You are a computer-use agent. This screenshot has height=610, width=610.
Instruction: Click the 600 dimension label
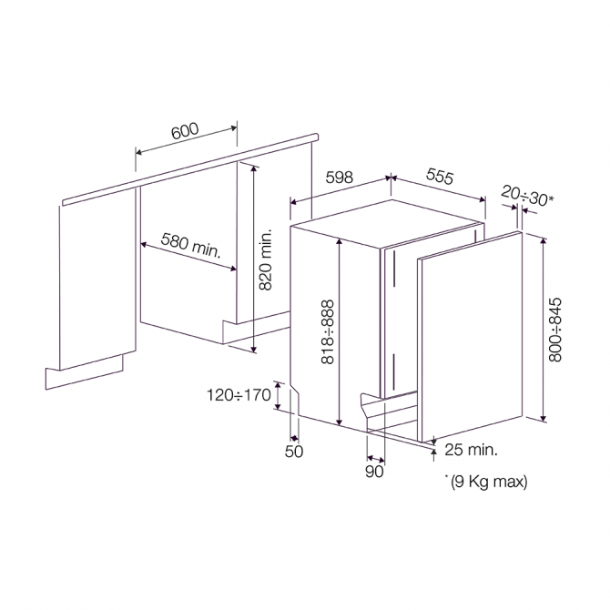[185, 131]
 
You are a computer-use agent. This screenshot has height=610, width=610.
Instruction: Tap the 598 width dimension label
[340, 178]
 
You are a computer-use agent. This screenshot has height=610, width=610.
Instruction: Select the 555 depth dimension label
[440, 176]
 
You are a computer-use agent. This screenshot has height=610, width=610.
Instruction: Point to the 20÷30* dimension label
[527, 196]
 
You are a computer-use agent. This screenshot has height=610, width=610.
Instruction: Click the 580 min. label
[190, 246]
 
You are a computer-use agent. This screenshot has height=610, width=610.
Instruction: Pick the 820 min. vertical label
[265, 259]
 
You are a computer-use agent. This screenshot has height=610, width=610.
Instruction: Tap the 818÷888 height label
[328, 331]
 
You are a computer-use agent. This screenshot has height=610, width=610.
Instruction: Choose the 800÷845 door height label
[555, 330]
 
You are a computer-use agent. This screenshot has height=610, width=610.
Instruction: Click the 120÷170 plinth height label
[239, 395]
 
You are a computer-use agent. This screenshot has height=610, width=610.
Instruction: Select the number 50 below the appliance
[294, 452]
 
